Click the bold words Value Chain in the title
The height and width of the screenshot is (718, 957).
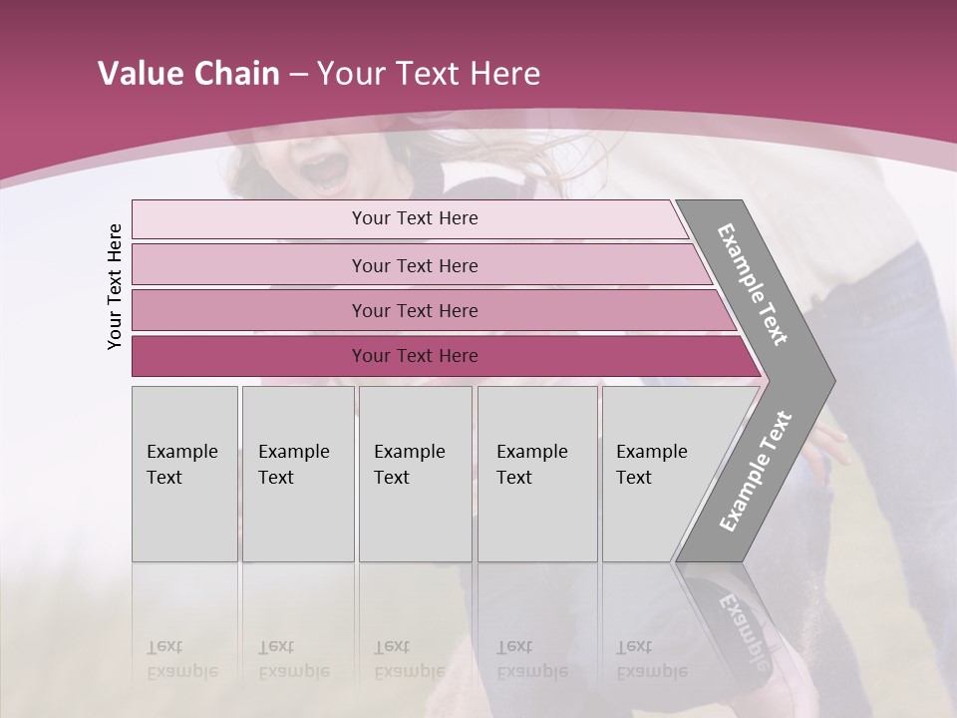188,74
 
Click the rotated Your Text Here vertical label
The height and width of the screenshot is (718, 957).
115,286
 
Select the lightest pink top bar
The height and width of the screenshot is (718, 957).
249,219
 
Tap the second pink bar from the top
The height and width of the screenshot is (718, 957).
249,265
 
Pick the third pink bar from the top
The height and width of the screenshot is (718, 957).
249,310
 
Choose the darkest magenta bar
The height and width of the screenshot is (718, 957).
249,356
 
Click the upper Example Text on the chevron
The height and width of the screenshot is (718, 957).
753,284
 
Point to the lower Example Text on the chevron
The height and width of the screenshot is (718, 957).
756,471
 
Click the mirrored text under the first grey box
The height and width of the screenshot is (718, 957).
181,659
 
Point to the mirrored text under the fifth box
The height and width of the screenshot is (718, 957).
651,659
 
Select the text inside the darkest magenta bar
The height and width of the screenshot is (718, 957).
415,356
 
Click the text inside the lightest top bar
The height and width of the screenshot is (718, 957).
415,218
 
